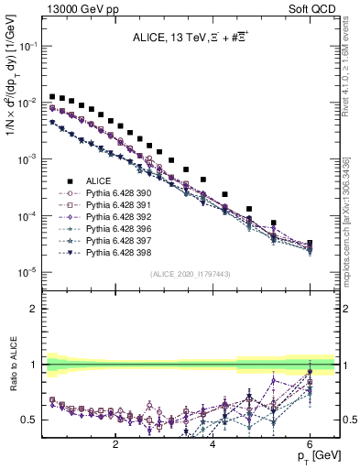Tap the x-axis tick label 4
(x=213, y=444)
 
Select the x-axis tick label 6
(x=311, y=444)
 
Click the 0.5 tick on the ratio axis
(x=31, y=420)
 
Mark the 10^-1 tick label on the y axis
(x=29, y=46)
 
